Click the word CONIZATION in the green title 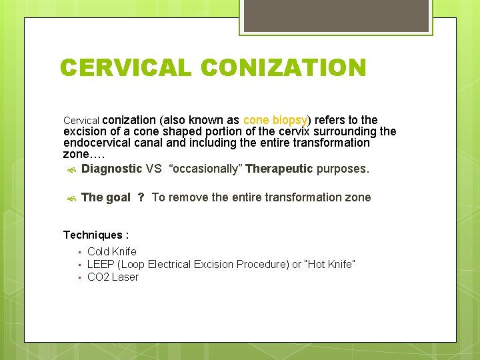[x=283, y=68]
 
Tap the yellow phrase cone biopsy [x=275, y=120]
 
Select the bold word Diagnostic [x=111, y=169]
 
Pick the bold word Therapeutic [x=279, y=169]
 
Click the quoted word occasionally [x=206, y=169]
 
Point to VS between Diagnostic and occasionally [x=153, y=169]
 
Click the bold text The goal [x=105, y=197]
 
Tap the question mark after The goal [x=141, y=197]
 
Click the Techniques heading [x=96, y=235]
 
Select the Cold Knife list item [x=112, y=251]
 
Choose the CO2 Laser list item [x=113, y=277]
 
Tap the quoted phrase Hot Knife [x=329, y=265]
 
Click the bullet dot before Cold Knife [x=79, y=252]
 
